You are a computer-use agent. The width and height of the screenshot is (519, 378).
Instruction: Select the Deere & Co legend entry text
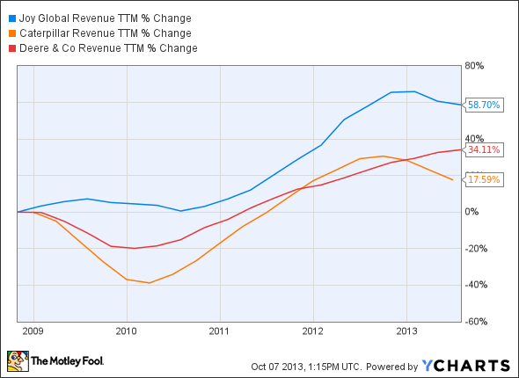click(106, 47)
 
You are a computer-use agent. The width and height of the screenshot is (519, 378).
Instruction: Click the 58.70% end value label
click(483, 105)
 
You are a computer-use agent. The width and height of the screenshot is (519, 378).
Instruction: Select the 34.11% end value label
click(483, 149)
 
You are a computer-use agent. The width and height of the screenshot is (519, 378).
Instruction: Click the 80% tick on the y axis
click(476, 66)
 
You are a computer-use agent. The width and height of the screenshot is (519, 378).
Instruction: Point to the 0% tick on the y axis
click(472, 212)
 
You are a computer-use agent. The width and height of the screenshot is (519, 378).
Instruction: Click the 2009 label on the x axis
click(33, 332)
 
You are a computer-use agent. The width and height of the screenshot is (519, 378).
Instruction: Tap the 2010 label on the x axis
click(127, 332)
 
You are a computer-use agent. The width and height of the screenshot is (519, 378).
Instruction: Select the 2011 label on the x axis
click(220, 332)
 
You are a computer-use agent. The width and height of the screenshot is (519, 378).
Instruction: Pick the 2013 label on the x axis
click(406, 332)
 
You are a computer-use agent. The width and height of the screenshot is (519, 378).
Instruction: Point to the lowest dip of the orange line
click(149, 283)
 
